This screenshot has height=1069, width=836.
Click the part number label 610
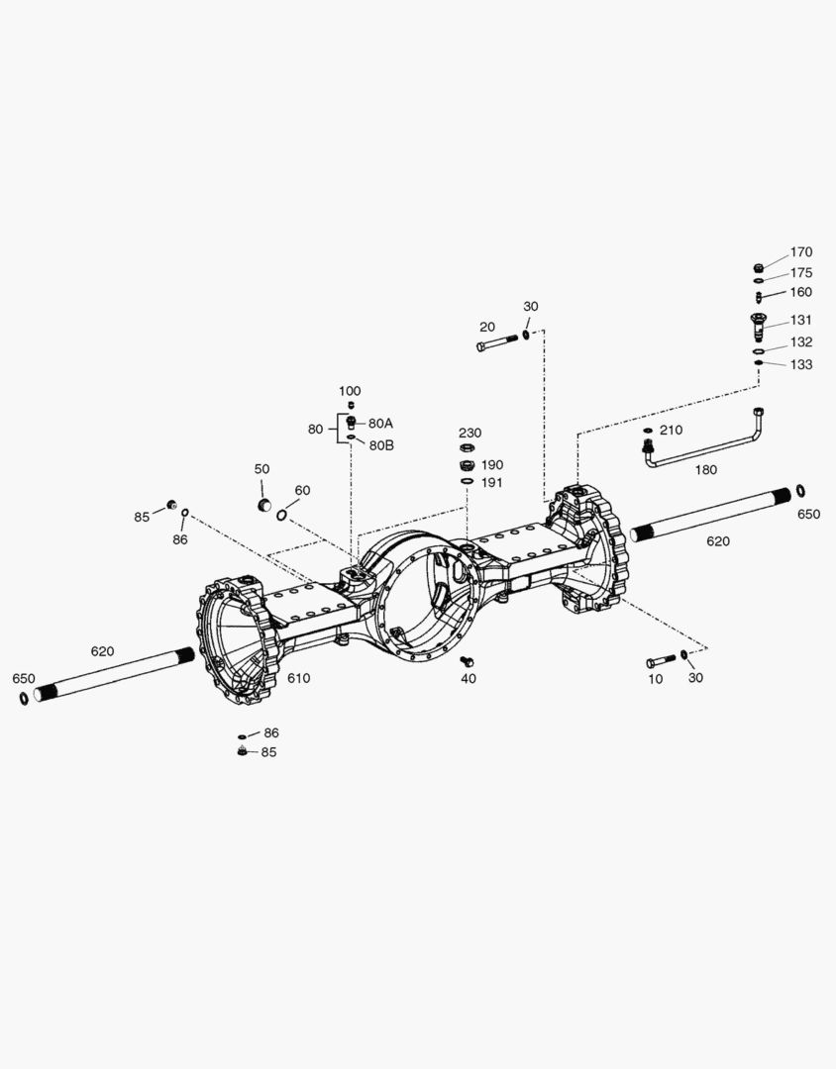[298, 678]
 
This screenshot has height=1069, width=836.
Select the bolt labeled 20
[498, 342]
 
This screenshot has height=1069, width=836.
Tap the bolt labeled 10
[661, 660]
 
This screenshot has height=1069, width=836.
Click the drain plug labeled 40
[468, 660]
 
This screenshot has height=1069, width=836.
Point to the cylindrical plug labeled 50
[263, 505]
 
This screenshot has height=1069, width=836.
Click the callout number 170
[801, 252]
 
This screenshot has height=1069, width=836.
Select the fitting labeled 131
[758, 328]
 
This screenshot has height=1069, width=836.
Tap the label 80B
[381, 445]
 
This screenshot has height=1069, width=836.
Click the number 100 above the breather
[350, 391]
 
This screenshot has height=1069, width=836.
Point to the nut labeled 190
[467, 466]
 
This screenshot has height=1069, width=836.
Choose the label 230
[470, 433]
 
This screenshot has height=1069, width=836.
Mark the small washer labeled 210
[648, 431]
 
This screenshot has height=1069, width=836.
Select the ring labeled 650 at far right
[800, 491]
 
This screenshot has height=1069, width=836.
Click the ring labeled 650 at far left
[24, 698]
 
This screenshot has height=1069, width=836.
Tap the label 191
[491, 483]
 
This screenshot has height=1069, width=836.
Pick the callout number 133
[801, 364]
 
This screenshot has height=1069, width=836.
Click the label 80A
[380, 424]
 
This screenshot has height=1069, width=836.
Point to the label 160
[800, 292]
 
